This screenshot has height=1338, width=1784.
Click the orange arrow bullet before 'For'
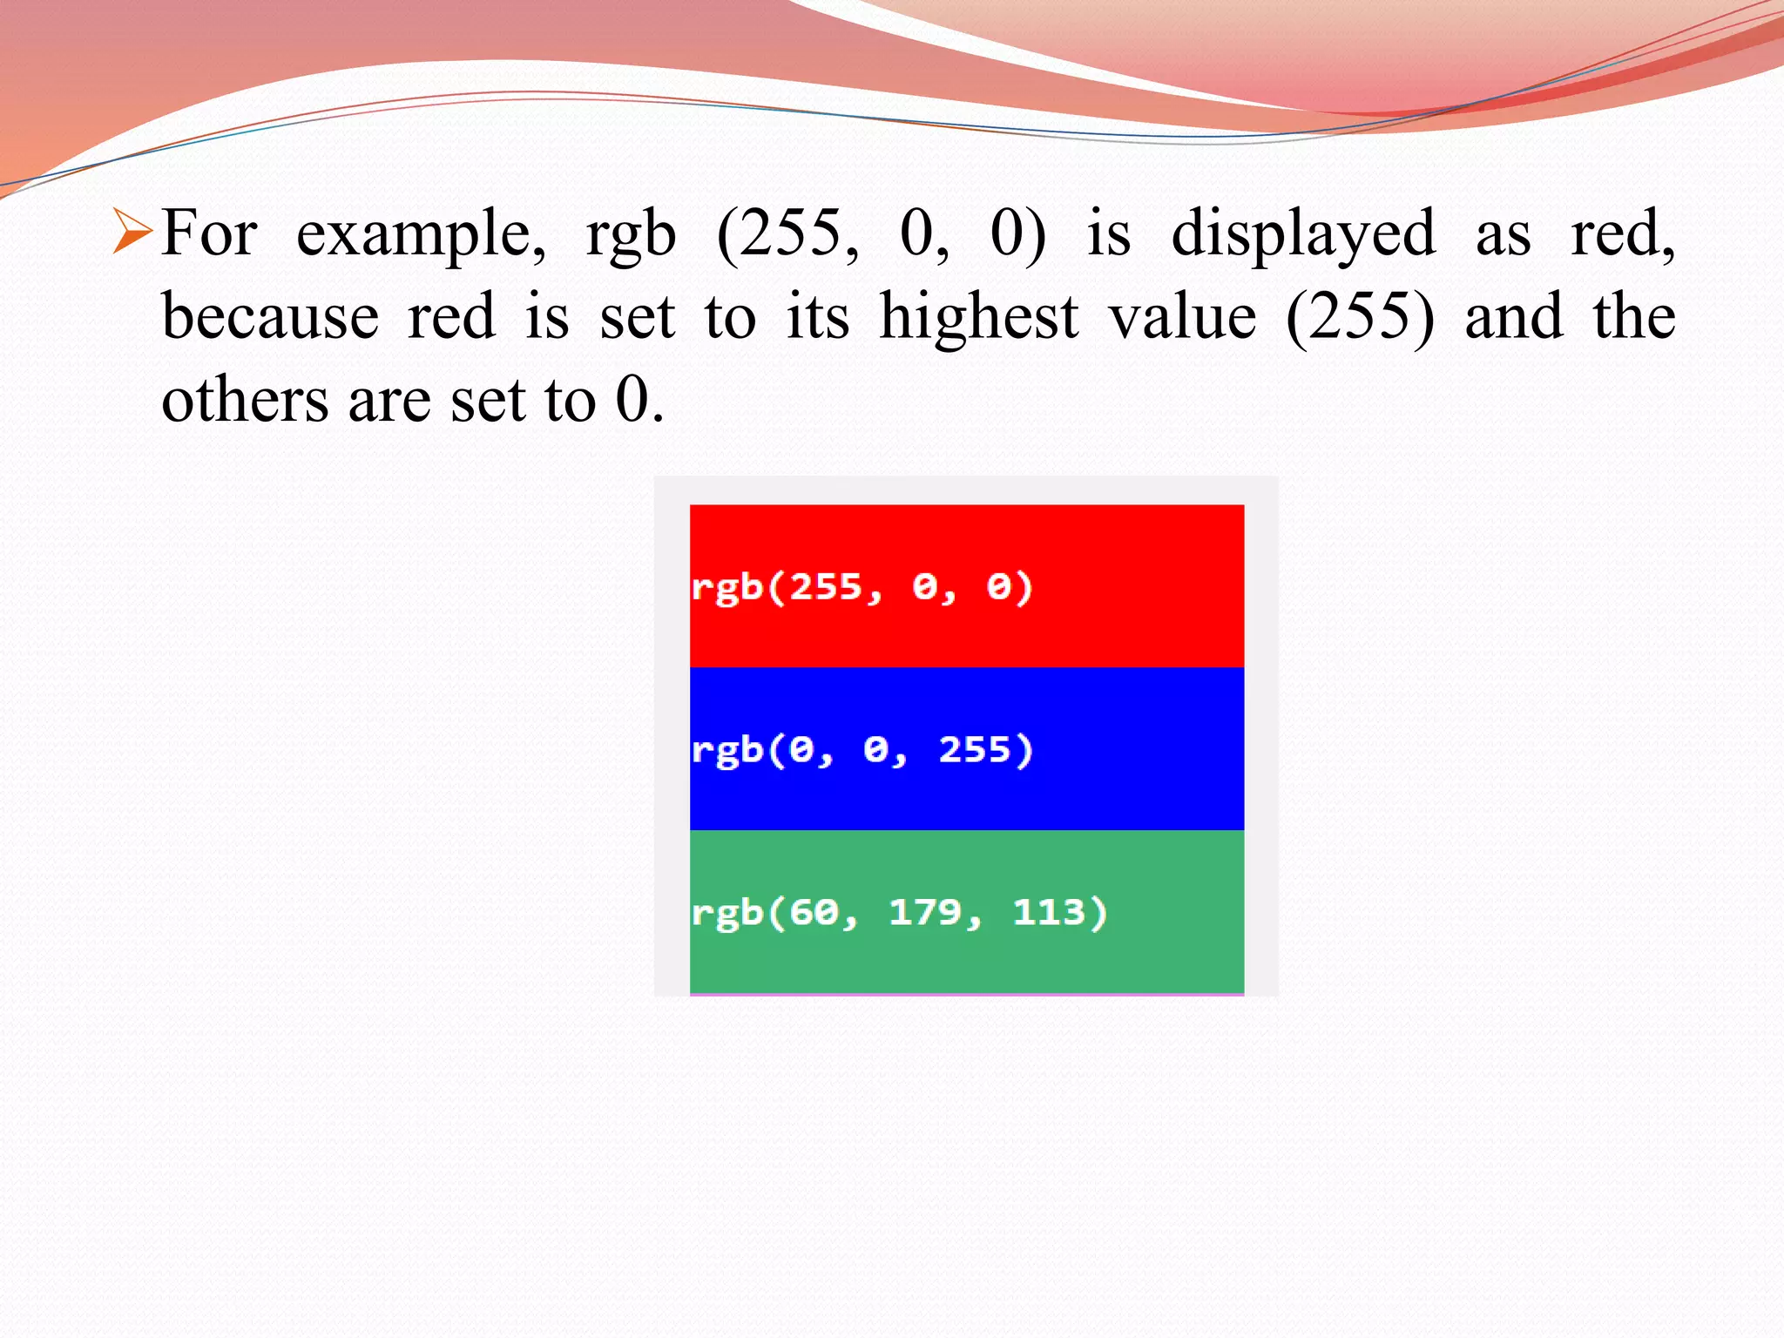(x=133, y=233)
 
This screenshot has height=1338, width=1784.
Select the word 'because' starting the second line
(x=270, y=316)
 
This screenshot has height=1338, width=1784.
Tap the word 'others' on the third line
(x=245, y=401)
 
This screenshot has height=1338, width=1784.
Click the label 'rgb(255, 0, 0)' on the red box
(x=862, y=587)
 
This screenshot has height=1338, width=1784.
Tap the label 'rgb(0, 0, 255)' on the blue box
(x=862, y=750)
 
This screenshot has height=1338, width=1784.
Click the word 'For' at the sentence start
(x=209, y=233)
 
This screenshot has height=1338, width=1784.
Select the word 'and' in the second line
(x=1513, y=316)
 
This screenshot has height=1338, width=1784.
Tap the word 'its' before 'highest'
(x=817, y=316)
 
